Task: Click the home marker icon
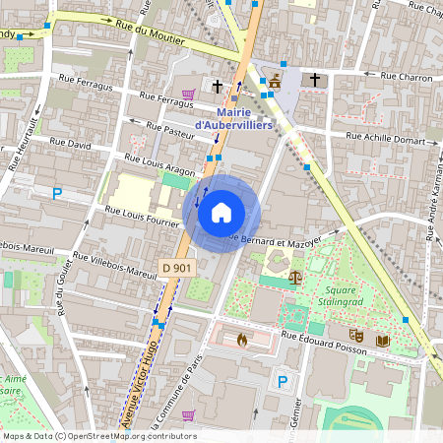point(221,213)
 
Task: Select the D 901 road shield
point(176,268)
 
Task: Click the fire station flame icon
point(242,339)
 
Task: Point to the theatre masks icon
point(358,338)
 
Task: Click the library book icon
point(382,341)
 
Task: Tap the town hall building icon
point(276,81)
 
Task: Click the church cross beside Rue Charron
point(315,79)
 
